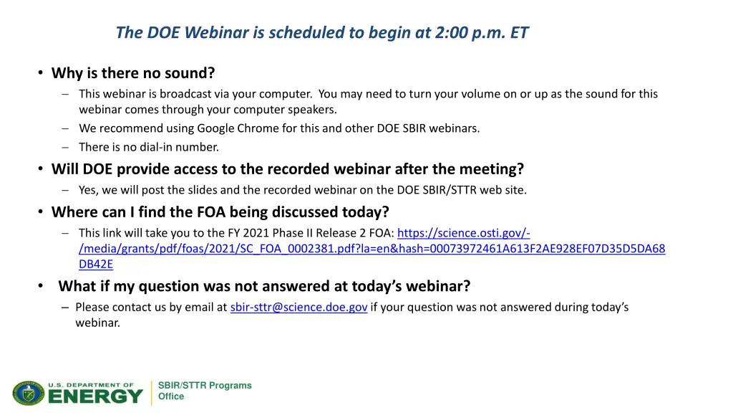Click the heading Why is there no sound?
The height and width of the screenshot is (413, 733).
point(133,73)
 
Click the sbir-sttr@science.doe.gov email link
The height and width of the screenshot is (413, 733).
point(298,307)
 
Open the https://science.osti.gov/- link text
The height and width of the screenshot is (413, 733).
point(463,233)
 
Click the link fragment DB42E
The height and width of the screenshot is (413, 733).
point(96,264)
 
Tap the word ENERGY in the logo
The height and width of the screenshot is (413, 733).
point(95,397)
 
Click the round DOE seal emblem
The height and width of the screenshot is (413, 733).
point(29,393)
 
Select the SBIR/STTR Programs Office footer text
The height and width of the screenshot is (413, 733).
point(204,391)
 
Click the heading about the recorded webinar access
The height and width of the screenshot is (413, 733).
point(288,169)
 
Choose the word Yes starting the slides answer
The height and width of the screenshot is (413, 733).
point(88,190)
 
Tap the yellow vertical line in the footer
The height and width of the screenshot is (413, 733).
point(152,393)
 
